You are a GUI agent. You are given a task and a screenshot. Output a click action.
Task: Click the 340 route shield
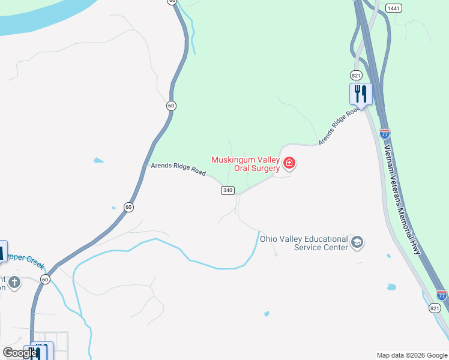tap(227, 190)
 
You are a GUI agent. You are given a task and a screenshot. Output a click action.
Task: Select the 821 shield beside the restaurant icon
tap(356, 75)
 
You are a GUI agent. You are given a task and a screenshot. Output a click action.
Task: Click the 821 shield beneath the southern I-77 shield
tap(435, 308)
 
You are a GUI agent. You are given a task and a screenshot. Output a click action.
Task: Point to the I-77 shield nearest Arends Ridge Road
tap(385, 133)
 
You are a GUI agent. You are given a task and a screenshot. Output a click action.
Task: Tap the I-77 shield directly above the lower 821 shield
tap(442, 295)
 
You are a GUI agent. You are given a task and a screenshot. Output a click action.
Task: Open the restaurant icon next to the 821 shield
tap(361, 94)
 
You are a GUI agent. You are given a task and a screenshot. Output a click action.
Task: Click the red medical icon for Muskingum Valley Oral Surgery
tap(289, 163)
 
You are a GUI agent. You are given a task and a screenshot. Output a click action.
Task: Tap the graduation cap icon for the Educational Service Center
tap(357, 242)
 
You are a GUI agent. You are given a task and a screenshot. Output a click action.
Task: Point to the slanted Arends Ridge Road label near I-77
tap(339, 126)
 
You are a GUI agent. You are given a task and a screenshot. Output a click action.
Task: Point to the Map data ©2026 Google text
tap(412, 355)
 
